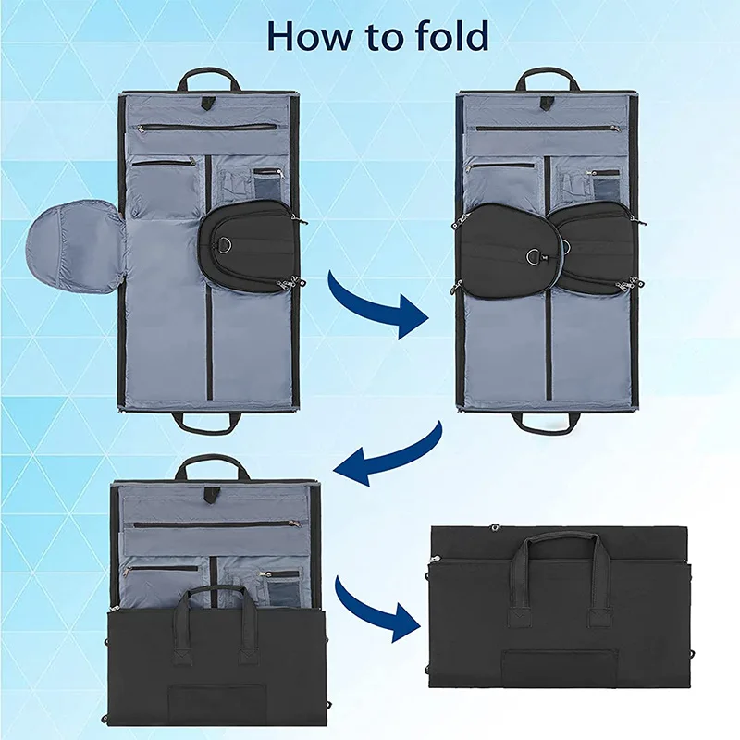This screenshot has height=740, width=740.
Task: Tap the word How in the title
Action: [305, 36]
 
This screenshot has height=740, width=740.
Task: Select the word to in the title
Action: [373, 37]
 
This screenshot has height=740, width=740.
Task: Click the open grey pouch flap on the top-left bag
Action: [77, 246]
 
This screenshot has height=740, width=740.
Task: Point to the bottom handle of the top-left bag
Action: [206, 424]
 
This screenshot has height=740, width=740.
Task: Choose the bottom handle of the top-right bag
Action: [546, 425]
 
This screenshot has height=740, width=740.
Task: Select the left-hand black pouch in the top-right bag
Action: [504, 245]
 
